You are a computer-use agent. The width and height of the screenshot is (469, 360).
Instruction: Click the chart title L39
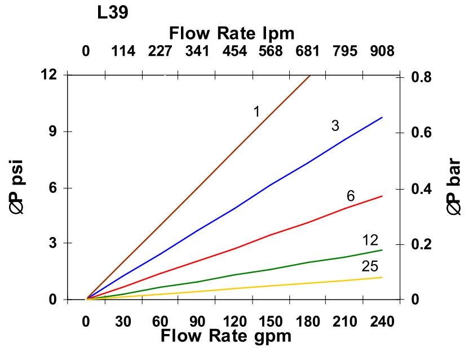[x=112, y=13]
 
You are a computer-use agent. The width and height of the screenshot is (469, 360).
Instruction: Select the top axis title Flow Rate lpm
[x=232, y=33]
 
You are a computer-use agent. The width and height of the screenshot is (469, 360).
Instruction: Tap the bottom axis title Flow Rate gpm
[x=226, y=336]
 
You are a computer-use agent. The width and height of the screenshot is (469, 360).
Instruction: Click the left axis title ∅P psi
[x=16, y=187]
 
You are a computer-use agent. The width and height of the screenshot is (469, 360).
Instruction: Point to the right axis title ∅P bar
[x=454, y=187]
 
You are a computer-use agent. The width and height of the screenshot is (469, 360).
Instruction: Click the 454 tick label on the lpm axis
[x=235, y=51]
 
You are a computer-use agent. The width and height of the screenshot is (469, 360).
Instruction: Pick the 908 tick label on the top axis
[x=382, y=51]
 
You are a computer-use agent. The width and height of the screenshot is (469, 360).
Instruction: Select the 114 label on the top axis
[x=123, y=51]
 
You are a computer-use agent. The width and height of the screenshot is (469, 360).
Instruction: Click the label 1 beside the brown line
[x=256, y=111]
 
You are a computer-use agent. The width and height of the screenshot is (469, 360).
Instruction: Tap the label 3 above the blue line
[x=335, y=125]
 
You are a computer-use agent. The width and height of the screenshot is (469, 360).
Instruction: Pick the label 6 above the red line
[x=351, y=196]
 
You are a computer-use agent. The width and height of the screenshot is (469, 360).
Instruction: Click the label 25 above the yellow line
[x=370, y=266]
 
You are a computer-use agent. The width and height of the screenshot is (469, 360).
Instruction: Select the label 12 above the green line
[x=370, y=240]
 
